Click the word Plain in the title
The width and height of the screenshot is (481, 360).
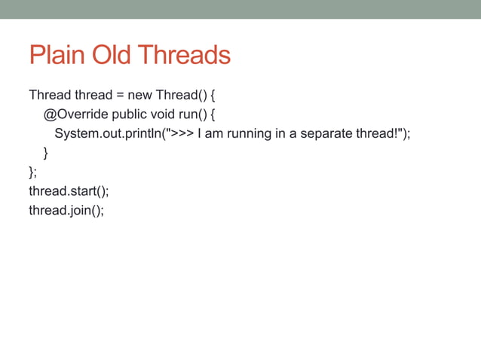pos(57,55)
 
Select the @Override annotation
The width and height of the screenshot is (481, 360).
pos(75,114)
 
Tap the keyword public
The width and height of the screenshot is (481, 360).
pos(130,114)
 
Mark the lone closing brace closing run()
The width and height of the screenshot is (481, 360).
pos(46,153)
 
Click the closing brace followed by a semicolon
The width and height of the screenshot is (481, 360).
pos(32,172)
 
